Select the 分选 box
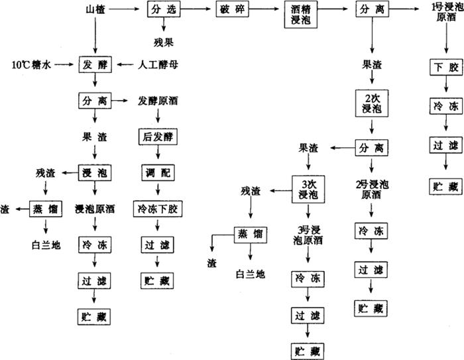[162, 10]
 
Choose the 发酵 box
[95, 65]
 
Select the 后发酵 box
[158, 137]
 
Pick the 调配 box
[158, 172]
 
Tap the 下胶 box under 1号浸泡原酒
[441, 68]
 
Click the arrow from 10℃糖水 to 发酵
[66, 65]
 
